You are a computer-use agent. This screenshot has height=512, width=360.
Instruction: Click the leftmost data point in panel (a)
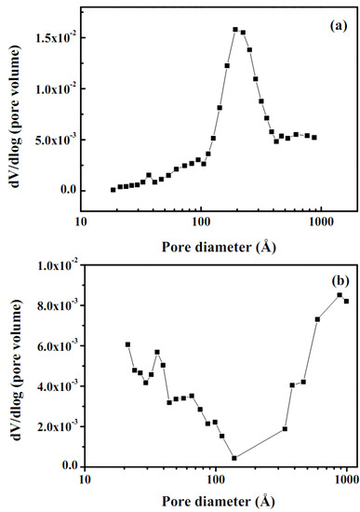(x=113, y=189)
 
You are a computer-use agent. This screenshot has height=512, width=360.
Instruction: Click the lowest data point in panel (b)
(x=234, y=457)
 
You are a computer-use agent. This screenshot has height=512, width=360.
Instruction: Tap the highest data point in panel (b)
(x=340, y=295)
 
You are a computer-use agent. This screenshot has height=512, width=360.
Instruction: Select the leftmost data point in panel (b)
(x=127, y=344)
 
